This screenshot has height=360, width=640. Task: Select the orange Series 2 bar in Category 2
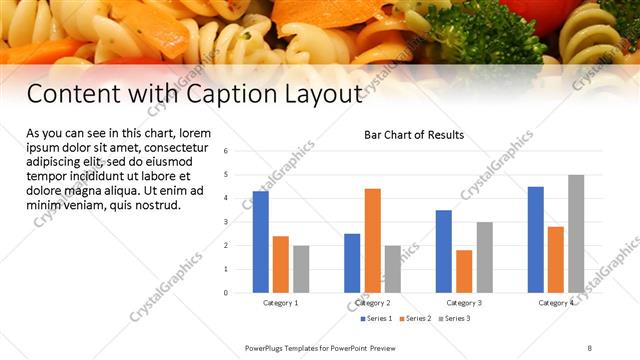372,240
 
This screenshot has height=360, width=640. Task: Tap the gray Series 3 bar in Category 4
576,234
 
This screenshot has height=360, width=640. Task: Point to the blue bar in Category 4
536,240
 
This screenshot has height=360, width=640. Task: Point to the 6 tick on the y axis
226,151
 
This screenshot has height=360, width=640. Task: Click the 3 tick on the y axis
226,222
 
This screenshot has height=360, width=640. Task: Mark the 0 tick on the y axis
226,293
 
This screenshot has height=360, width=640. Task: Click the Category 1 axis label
281,302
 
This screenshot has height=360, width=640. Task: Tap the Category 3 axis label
464,302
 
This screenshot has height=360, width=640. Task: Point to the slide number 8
590,347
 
